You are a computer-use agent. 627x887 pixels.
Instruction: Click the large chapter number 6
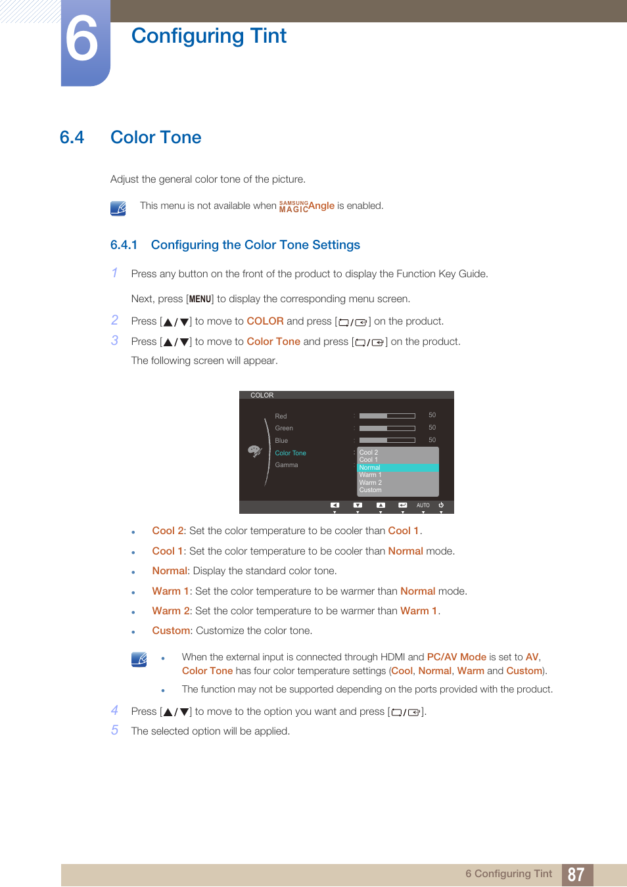82,41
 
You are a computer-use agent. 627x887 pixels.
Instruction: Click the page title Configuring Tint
208,35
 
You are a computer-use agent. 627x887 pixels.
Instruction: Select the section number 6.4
72,137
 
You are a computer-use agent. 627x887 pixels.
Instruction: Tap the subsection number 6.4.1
124,245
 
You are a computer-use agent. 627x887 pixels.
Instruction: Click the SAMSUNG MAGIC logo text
293,206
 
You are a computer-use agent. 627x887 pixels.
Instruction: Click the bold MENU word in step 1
200,299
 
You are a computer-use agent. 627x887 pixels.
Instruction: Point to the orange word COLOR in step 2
265,321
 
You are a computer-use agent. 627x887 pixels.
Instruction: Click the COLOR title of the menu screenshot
262,396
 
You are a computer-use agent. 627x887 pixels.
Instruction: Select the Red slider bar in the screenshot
387,416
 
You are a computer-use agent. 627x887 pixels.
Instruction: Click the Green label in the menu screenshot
284,428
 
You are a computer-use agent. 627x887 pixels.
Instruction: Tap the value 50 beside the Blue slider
432,440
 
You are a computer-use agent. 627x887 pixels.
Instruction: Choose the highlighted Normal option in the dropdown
370,468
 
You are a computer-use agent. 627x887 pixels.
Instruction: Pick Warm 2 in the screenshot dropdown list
370,483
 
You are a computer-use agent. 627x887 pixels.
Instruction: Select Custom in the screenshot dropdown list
370,490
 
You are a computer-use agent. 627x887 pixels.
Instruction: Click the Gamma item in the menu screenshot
286,465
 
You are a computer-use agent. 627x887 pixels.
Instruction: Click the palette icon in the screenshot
254,451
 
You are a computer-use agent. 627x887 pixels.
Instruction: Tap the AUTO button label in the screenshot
423,505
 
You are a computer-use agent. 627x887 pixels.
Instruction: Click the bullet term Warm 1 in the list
170,591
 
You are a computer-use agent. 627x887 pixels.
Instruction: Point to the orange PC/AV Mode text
456,657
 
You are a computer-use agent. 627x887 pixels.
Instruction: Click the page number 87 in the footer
576,875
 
